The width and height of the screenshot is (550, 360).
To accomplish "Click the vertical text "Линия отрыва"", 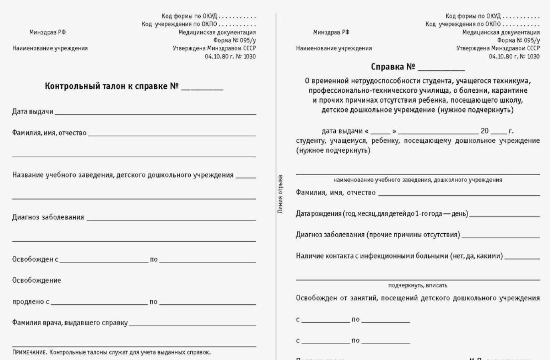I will coord(280,194).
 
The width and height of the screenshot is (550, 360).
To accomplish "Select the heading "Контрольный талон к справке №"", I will coord(112,86).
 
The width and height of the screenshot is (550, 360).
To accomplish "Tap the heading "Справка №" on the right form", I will coord(393,67).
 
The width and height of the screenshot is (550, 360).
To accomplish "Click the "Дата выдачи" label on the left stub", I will coord(33,112).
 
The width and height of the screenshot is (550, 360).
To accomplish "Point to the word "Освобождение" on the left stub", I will coord(37,280).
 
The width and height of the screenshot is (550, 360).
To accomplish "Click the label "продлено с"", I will coord(31,302).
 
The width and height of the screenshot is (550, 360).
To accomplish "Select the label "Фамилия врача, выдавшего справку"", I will coord(70,323).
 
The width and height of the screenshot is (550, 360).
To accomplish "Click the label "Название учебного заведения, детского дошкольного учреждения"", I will coord(123,175).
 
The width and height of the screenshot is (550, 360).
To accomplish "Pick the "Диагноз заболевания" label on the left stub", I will coord(48,217).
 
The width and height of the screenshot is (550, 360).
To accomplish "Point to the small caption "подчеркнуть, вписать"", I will coord(418,285).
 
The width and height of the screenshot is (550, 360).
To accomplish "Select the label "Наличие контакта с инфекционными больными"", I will coord(399,256).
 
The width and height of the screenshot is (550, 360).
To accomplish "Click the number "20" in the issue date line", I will coord(484,131).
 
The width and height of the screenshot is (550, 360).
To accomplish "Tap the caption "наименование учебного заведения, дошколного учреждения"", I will coord(418,180).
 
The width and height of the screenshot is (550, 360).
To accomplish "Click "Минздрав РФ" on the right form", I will coord(331,32).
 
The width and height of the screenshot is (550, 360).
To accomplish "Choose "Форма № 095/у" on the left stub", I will coord(234,40).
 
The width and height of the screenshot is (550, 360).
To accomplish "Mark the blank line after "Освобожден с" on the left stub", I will coord(104,261).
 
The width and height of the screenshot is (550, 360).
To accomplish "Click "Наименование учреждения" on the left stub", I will coord(50,48).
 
